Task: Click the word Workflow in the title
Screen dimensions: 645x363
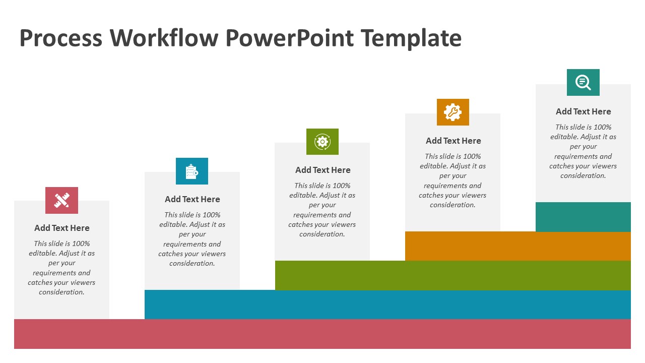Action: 164,38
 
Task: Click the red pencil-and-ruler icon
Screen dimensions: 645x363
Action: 61,201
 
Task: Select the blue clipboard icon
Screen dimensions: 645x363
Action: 192,171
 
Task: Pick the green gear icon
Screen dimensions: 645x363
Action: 322,142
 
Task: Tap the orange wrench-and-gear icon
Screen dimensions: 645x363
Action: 453,112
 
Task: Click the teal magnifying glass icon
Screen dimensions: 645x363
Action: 583,82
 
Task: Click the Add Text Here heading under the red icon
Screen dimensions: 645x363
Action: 62,228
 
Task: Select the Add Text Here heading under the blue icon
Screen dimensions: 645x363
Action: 192,199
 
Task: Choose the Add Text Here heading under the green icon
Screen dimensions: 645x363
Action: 323,170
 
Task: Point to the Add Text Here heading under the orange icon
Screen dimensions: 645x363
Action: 453,141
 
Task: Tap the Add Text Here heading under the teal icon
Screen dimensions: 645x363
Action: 584,111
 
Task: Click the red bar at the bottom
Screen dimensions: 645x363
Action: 322,334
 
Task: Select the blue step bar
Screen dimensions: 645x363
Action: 388,305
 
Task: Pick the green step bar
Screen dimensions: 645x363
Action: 453,275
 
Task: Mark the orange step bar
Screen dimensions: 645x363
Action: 518,246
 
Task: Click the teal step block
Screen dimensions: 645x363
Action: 583,217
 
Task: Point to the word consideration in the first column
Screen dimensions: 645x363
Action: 61,292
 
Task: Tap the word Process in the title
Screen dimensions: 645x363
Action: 61,38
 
